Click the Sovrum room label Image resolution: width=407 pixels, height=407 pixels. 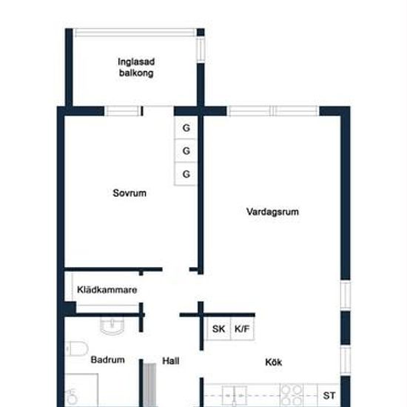pos(129,193)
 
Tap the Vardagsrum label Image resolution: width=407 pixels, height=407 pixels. pos(272,212)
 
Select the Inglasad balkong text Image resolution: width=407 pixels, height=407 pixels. pos(136,67)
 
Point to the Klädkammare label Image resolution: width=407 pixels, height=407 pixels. pos(107,289)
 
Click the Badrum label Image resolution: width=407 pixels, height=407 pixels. pos(108,360)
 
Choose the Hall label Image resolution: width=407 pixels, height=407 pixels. pos(170,361)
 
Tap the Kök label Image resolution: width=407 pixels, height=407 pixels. pos(274,362)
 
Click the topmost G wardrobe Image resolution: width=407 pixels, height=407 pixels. pos(186,128)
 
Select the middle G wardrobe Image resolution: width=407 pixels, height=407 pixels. pos(186,151)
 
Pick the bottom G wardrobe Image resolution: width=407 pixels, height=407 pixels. pos(186,174)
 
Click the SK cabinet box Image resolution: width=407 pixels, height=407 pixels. pos(218,329)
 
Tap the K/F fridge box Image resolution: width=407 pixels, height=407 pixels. pos(242,329)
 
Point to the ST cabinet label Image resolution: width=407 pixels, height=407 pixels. pos(329,396)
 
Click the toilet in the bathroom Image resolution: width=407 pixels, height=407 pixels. pos(76,349)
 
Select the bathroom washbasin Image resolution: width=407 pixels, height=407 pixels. pos(112,326)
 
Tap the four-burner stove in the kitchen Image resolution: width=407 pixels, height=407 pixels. pos(292,395)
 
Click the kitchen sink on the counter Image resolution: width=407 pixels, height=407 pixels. pos(235,396)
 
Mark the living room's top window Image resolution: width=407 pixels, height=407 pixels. pos(273,111)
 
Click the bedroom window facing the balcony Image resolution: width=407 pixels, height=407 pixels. pos(123,111)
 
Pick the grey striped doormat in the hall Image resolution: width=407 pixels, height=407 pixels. pos(149,385)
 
